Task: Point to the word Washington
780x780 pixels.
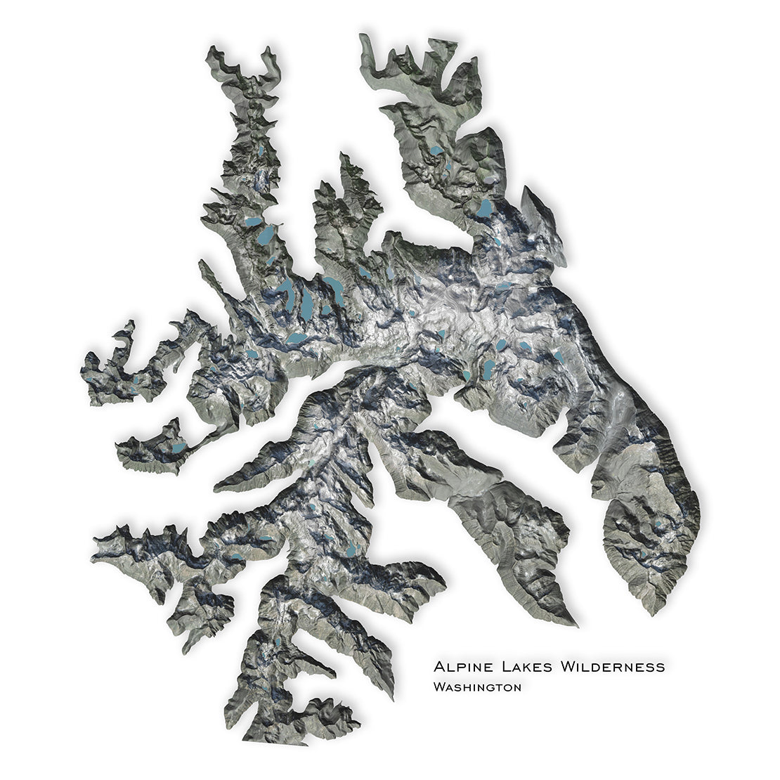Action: pyautogui.click(x=478, y=687)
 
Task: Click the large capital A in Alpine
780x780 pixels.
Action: pyautogui.click(x=440, y=666)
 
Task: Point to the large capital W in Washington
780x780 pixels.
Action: pyautogui.click(x=440, y=687)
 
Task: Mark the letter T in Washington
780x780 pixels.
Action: pyautogui.click(x=495, y=688)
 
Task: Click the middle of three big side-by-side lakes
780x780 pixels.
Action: pyautogui.click(x=307, y=302)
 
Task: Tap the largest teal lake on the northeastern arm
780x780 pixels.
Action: pyautogui.click(x=485, y=208)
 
